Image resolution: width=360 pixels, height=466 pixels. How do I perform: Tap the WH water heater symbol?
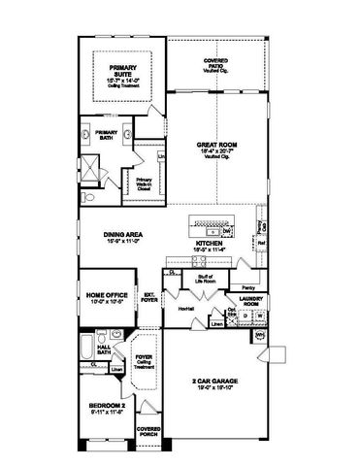260,335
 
